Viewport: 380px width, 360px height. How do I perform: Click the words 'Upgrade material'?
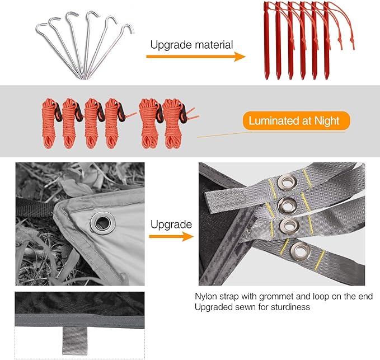191,45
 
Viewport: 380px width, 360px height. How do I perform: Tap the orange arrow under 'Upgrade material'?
196,57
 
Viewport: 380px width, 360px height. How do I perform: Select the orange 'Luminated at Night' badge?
296,121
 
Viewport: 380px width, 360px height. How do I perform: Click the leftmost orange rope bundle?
50,123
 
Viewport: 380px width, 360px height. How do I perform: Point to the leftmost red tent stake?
266,41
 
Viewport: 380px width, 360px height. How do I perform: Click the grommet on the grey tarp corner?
103,222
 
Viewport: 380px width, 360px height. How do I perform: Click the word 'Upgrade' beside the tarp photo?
171,225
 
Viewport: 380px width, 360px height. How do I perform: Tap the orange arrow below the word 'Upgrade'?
171,236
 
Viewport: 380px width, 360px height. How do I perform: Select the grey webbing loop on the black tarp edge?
74,340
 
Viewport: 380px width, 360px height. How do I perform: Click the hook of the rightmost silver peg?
129,28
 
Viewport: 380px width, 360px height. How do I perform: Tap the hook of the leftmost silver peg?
41,27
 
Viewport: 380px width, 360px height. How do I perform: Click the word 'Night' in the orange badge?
327,121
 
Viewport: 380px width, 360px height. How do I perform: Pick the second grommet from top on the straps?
287,205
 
